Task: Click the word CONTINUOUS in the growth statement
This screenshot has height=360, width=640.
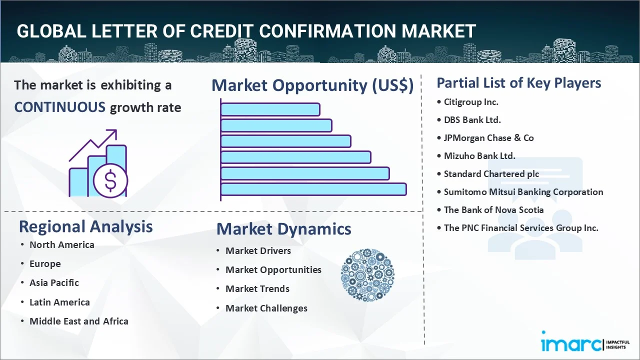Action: tap(59, 107)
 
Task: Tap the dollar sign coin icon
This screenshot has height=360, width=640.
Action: tap(110, 180)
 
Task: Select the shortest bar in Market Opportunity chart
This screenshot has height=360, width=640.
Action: tap(270, 109)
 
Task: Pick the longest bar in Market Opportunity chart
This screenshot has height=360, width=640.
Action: tap(313, 189)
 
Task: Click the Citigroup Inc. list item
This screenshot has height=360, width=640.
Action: tap(471, 102)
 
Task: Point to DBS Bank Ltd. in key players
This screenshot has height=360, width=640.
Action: tap(472, 120)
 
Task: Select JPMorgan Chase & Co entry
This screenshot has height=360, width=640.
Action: tap(488, 138)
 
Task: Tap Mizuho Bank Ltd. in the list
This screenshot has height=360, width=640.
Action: tap(479, 156)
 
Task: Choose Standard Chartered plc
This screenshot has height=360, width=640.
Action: tap(491, 174)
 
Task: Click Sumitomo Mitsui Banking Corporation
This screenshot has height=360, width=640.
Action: tap(523, 192)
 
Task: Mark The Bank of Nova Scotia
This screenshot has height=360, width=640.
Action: tap(493, 210)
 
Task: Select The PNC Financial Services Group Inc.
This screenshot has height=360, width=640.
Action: tap(521, 228)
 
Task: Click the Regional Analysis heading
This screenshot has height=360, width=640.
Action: tap(85, 227)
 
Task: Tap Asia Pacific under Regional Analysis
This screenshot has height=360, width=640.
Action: tap(54, 283)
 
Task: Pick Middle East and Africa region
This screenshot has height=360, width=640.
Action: tap(79, 321)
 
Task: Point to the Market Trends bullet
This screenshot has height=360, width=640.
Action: tap(257, 289)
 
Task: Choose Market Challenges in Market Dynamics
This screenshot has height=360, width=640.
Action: tap(266, 308)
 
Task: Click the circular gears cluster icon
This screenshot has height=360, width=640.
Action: tap(367, 275)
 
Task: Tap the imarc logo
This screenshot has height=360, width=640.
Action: tap(585, 344)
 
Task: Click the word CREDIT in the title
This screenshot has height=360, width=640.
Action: tap(221, 31)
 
